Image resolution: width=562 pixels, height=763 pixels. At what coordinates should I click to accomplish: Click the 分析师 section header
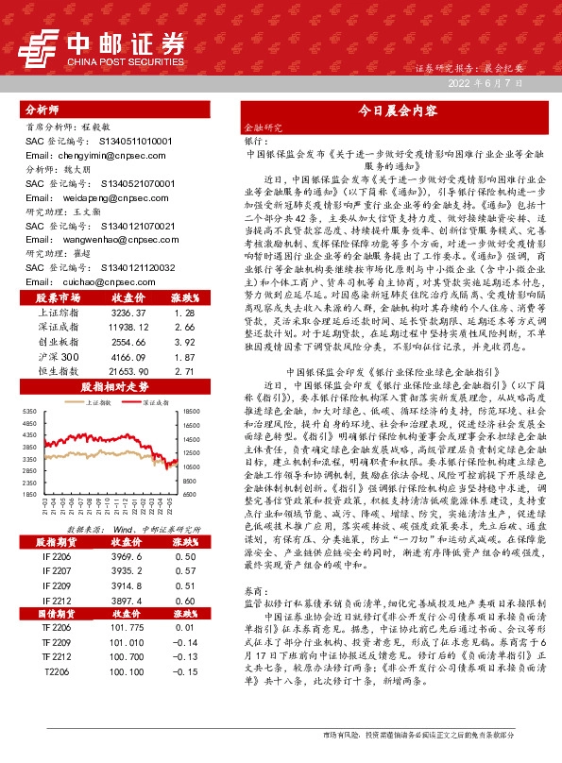click(42, 110)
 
